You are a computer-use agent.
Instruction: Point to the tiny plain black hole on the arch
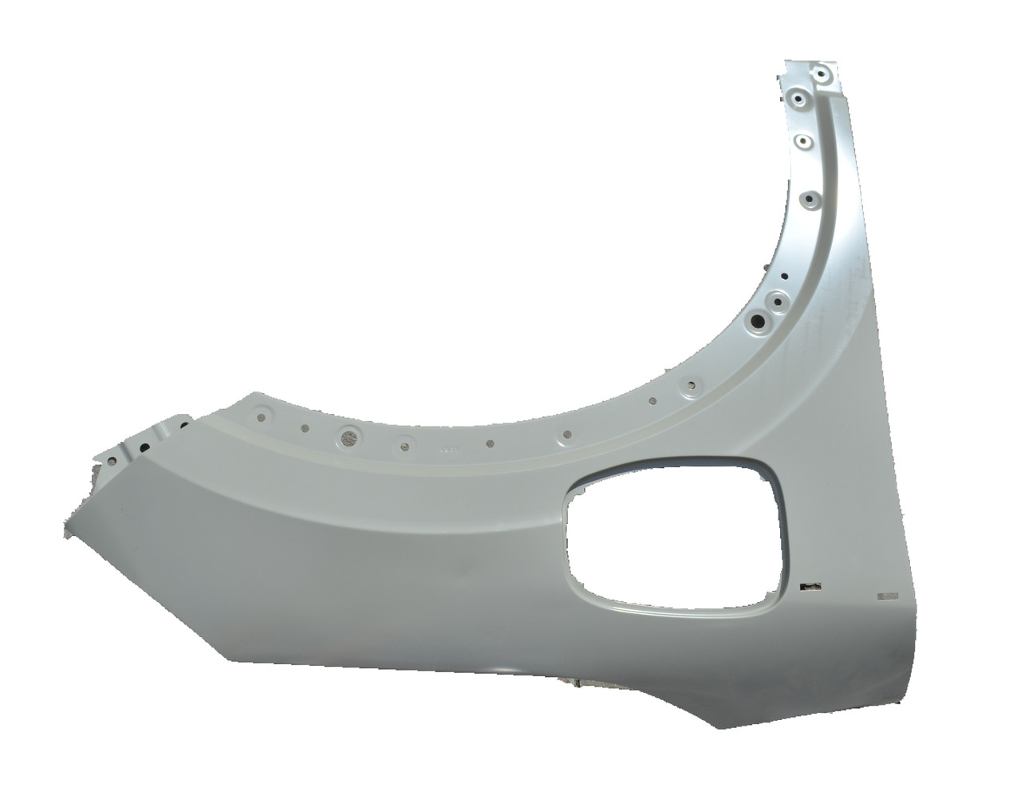click(x=785, y=278)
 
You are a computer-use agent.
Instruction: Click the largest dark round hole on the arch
click(x=755, y=321)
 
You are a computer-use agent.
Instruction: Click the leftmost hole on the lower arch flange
click(x=261, y=414)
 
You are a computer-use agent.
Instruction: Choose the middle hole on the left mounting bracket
click(x=145, y=448)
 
